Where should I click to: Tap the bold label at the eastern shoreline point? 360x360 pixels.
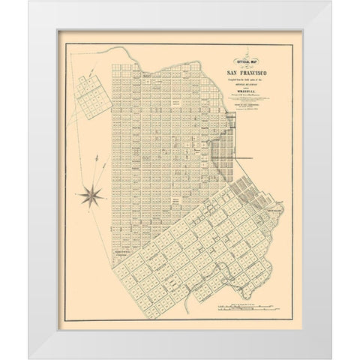pyautogui.click(x=274, y=210)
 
